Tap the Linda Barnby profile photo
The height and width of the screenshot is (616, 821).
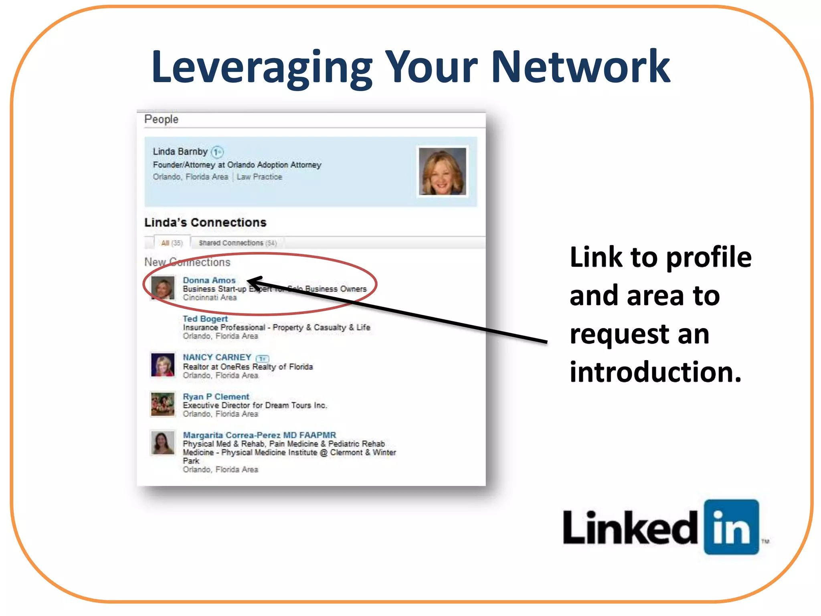coord(442,171)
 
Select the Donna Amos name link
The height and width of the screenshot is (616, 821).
coord(209,280)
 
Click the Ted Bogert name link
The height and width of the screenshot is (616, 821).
coord(205,319)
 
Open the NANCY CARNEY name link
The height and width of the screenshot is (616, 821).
coord(217,357)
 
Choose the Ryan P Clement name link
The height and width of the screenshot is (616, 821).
coord(216,397)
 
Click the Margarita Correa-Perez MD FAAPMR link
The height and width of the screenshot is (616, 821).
coord(259,435)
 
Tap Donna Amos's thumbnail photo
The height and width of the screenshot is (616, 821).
coord(163,288)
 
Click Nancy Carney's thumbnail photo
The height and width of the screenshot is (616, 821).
coord(163,365)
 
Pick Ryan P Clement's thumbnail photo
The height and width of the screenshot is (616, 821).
coord(163,404)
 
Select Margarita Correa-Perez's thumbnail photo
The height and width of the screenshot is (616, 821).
coord(163,443)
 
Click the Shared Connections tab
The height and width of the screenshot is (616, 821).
coord(237,243)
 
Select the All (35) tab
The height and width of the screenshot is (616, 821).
coord(172,243)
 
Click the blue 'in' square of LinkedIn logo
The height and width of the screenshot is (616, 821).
coord(731,527)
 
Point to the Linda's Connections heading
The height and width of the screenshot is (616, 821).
coord(205,223)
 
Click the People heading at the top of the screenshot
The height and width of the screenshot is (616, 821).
coord(161,119)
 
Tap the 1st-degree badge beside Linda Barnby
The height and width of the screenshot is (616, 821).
coord(217,152)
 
